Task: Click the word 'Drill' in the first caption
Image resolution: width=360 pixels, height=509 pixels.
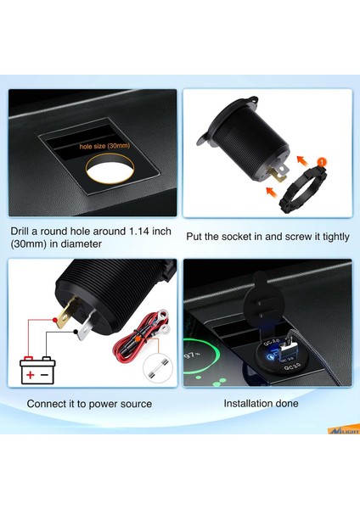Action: coord(24,231)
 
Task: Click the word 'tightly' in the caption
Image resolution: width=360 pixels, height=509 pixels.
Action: coord(330,237)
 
